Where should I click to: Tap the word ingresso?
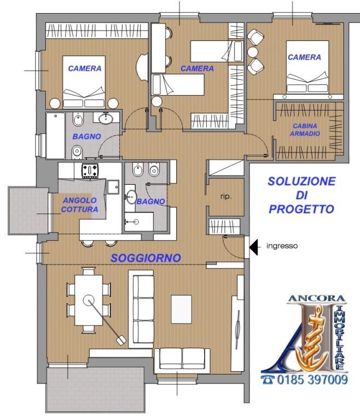click(282, 247)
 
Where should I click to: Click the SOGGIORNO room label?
click(146, 258)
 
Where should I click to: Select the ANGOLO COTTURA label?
click(80, 205)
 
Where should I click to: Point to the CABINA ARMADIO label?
click(305, 130)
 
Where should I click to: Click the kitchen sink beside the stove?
click(113, 187)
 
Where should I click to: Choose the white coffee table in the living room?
click(182, 309)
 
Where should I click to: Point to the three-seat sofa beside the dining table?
click(144, 310)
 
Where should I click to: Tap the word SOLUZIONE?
click(301, 182)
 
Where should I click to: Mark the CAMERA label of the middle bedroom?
click(197, 68)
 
